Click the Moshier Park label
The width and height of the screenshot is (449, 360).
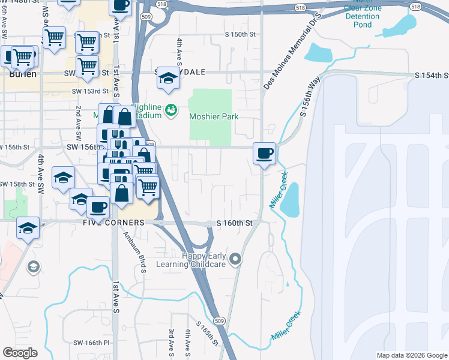point(214,116)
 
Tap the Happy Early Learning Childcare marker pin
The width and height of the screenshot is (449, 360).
point(236,259)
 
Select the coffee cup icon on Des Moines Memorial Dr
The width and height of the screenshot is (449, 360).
point(264,154)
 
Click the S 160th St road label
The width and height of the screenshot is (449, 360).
point(234,223)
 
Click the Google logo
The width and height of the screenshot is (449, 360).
point(20,353)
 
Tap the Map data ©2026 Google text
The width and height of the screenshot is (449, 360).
point(412,355)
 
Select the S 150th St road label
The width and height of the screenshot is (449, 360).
point(240,35)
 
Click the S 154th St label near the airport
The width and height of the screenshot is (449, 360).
point(432,76)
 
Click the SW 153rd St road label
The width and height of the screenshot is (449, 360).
point(90,91)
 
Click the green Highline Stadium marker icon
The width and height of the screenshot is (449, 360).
point(171,110)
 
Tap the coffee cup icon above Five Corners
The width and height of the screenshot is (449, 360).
point(98,208)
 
